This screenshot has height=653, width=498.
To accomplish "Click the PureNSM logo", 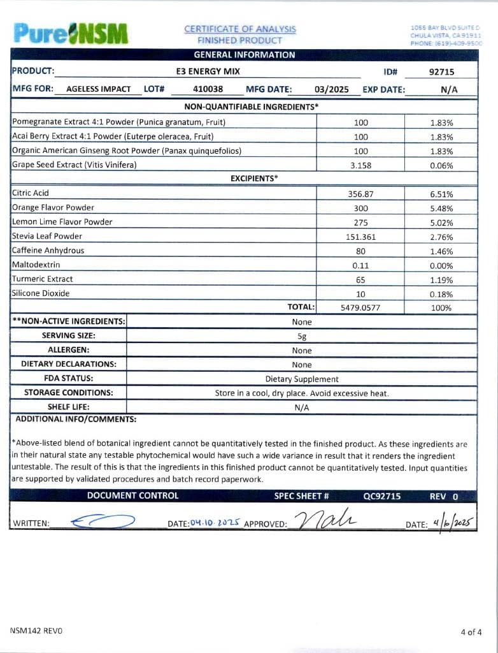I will (x=70, y=33).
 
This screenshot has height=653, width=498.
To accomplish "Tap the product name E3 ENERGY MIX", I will (x=208, y=71).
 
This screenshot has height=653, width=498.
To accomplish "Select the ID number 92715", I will (x=441, y=71).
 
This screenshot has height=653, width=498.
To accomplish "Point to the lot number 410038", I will (x=208, y=89).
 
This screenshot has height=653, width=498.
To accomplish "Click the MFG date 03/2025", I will (x=332, y=89).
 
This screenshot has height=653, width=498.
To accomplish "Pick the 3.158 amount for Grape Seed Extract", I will (x=360, y=165).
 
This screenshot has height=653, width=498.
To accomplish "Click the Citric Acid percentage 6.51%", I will (x=441, y=194).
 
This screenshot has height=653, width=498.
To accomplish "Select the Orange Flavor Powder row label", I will (x=53, y=207).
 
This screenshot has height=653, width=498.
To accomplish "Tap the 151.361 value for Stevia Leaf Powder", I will (x=360, y=237).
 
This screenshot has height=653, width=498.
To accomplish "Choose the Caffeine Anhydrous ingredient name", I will (x=48, y=251).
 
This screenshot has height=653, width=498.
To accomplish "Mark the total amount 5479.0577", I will (x=360, y=307).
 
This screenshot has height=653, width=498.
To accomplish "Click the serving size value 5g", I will (x=302, y=336).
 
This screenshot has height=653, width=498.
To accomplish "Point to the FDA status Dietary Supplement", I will (x=302, y=379).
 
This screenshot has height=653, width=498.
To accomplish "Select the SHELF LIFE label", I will (x=68, y=407).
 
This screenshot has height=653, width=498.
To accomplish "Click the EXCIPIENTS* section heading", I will (x=254, y=179).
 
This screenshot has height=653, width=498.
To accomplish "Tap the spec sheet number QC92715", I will (x=382, y=495).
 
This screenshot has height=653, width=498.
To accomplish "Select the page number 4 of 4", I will (x=471, y=632).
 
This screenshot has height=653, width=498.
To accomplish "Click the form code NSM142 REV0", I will (x=36, y=631).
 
